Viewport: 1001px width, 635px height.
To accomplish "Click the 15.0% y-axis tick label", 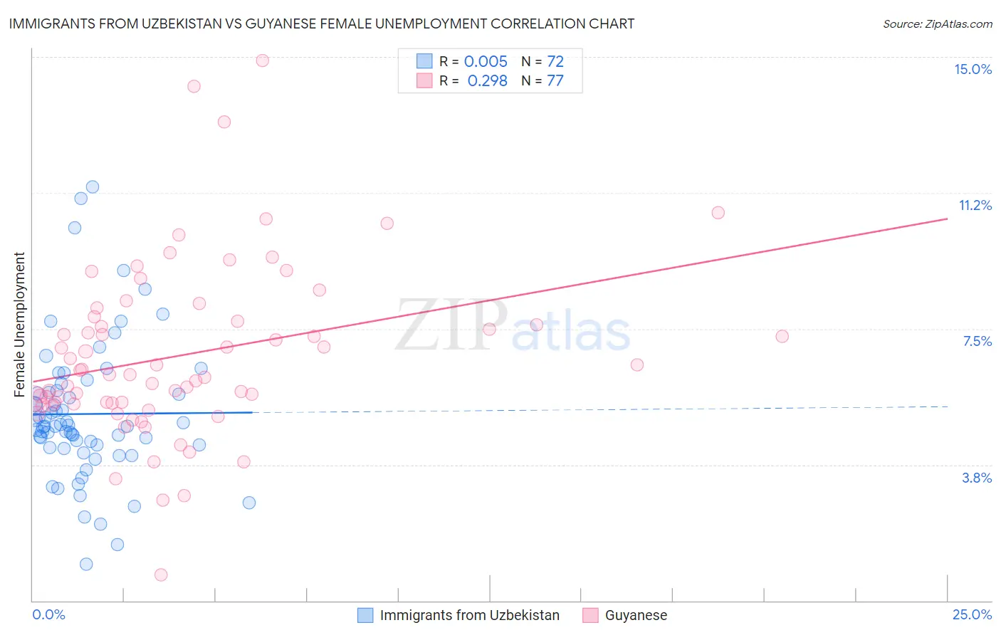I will click(x=973, y=69).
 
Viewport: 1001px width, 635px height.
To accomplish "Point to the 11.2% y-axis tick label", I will click(x=975, y=206).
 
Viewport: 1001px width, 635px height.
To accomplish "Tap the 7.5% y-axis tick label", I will click(x=977, y=342).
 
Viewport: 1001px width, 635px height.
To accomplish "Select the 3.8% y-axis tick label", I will click(x=977, y=478).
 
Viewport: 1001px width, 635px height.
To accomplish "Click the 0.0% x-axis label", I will click(x=48, y=615).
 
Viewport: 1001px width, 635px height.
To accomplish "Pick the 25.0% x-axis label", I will click(x=972, y=615).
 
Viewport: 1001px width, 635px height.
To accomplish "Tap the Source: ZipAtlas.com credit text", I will click(x=937, y=24).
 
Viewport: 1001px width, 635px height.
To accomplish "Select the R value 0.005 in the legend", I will click(x=486, y=62).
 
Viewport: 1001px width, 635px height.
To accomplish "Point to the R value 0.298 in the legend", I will click(x=487, y=81).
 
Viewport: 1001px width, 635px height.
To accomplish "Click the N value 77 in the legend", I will click(x=555, y=81).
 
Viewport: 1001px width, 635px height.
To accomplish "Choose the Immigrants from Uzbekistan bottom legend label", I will click(x=469, y=616).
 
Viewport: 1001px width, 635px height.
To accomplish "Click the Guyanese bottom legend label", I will click(x=636, y=616).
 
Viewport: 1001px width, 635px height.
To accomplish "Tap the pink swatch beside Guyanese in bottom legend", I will click(x=590, y=616).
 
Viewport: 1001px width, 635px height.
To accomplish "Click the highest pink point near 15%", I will click(x=262, y=61).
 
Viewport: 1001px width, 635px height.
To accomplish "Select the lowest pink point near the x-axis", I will click(x=161, y=574).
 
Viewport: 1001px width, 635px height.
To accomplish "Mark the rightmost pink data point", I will click(x=782, y=336).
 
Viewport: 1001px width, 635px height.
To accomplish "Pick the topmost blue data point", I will click(x=93, y=187).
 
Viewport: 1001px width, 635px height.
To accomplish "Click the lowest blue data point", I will click(x=86, y=564).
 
